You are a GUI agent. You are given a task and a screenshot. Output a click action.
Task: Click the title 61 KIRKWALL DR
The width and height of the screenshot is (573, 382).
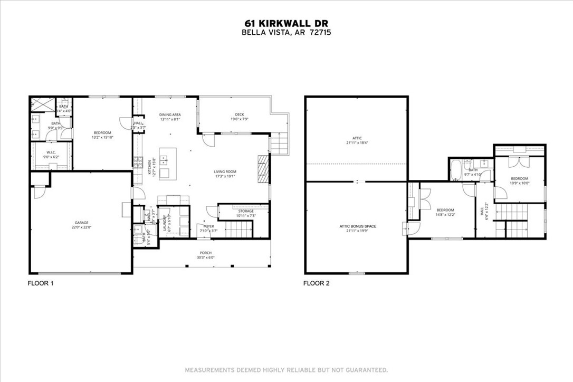pos(286,23)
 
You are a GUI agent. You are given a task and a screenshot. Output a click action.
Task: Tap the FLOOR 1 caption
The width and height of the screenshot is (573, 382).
pos(41,283)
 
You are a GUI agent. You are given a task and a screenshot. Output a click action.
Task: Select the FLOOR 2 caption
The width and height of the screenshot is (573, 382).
pos(316,283)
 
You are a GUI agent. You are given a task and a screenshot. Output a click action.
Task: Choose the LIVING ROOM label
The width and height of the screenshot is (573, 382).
pos(225,171)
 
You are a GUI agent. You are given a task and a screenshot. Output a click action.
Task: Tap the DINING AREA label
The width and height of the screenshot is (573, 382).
pos(170,114)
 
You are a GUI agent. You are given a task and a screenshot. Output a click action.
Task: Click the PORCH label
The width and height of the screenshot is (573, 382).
pos(206,253)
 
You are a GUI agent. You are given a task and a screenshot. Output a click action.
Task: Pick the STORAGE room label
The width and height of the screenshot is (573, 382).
pos(245,211)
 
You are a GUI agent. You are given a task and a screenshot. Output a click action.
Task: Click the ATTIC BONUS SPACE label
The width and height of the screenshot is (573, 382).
pos(357,226)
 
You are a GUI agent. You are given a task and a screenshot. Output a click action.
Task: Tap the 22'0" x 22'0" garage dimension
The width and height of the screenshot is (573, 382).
pos(81,227)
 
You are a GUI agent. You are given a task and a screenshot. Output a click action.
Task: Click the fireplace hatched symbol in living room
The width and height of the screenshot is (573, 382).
pos(263,168)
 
